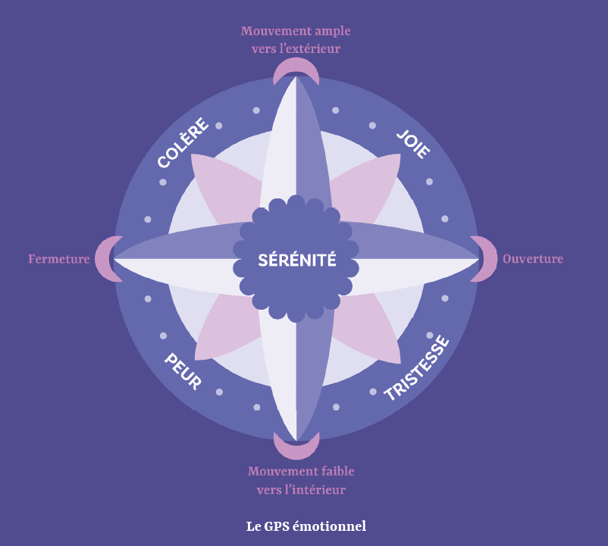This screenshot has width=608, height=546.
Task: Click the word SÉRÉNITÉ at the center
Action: (x=296, y=261)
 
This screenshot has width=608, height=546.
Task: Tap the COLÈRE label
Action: (x=183, y=143)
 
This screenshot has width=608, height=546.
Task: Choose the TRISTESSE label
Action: (x=416, y=368)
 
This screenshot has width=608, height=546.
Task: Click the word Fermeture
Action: (x=59, y=259)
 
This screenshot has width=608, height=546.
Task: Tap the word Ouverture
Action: (x=533, y=259)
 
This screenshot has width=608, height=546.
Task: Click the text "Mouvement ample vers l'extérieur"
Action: (x=296, y=40)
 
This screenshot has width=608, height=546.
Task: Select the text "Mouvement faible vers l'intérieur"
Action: (x=301, y=480)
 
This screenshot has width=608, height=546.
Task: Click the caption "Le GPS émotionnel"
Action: (x=306, y=526)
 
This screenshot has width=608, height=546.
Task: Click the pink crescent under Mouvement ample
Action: (x=296, y=71)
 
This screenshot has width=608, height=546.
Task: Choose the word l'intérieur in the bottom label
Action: (x=312, y=490)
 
